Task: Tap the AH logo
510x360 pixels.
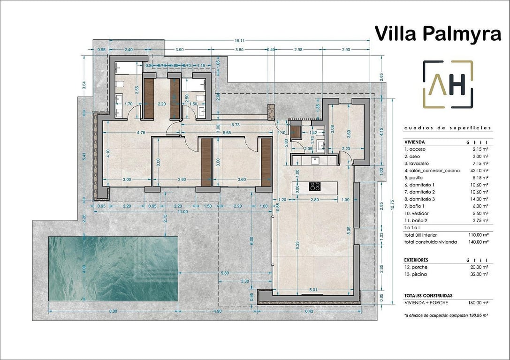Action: (448, 84)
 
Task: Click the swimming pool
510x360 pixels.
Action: (113, 269)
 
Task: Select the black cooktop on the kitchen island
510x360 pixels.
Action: (315, 186)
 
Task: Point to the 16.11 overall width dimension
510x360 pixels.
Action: (240, 41)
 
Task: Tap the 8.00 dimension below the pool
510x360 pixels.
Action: (113, 311)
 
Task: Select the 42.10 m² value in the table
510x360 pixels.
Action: (479, 171)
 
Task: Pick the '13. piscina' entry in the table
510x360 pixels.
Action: (417, 274)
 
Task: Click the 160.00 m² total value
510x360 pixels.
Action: (478, 303)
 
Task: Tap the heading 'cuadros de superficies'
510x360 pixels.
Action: (447, 127)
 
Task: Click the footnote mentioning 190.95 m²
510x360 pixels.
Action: (446, 316)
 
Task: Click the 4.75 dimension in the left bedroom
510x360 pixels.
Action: (140, 133)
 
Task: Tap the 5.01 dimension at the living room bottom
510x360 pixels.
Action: (313, 290)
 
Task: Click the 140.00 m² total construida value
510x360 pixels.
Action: (478, 242)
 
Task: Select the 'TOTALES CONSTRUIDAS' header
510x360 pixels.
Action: (428, 296)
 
